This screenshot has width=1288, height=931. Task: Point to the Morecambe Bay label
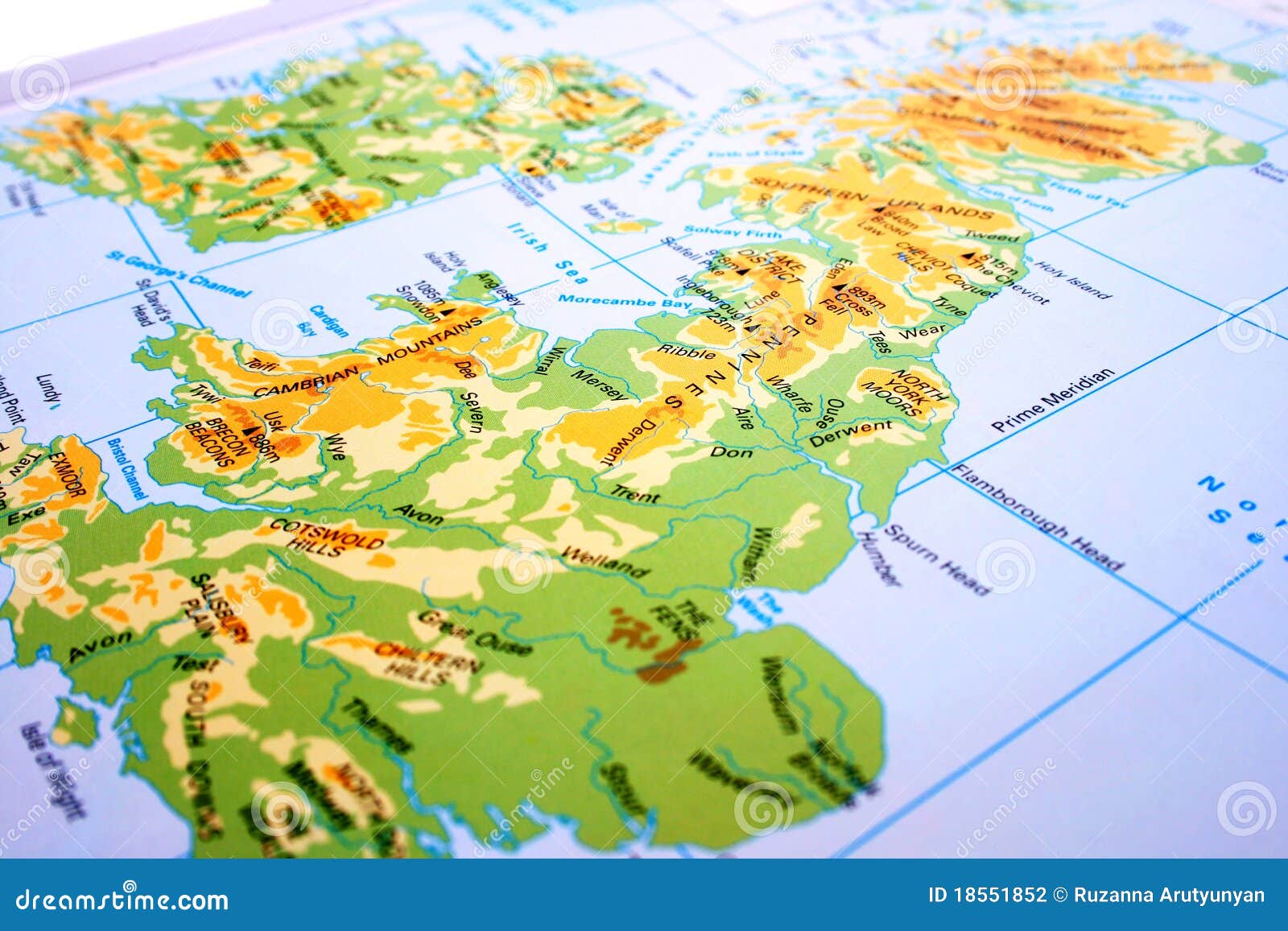pos(625,301)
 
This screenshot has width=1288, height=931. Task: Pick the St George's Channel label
pos(178,274)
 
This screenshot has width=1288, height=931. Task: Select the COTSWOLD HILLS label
pos(326,537)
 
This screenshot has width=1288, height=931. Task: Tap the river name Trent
pos(635,494)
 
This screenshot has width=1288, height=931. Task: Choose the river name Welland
pos(605,562)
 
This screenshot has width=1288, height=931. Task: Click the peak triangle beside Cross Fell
pos(840,287)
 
